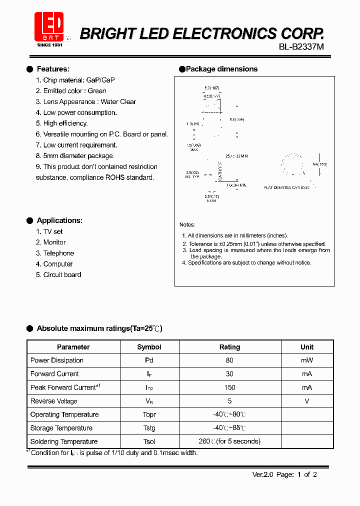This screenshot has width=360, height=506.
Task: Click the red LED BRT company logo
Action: (x=49, y=26)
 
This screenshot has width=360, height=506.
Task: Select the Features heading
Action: (x=53, y=69)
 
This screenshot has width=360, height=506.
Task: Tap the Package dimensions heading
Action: (x=221, y=69)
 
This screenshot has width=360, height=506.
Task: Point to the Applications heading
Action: (x=59, y=220)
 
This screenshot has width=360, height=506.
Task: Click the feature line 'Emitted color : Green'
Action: (x=71, y=91)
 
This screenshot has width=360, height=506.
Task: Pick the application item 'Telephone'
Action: (x=58, y=253)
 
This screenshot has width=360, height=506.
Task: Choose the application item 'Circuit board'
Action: (x=62, y=274)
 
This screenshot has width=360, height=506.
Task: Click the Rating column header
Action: (x=229, y=347)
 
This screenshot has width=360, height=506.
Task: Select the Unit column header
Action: (x=307, y=347)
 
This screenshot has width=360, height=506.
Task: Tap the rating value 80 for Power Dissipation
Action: (x=229, y=360)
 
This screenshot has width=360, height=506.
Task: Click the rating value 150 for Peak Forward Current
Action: (x=229, y=387)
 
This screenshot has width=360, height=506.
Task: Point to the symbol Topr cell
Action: (x=149, y=414)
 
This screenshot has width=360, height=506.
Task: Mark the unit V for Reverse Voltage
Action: (x=307, y=401)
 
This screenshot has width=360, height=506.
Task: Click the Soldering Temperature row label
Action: (x=64, y=441)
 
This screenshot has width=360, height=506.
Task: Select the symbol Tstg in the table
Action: (x=149, y=428)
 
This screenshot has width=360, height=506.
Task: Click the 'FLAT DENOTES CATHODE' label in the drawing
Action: (x=286, y=187)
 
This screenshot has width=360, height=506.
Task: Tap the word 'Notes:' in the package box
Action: (x=187, y=225)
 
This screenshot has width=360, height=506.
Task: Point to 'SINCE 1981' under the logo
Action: (x=50, y=45)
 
